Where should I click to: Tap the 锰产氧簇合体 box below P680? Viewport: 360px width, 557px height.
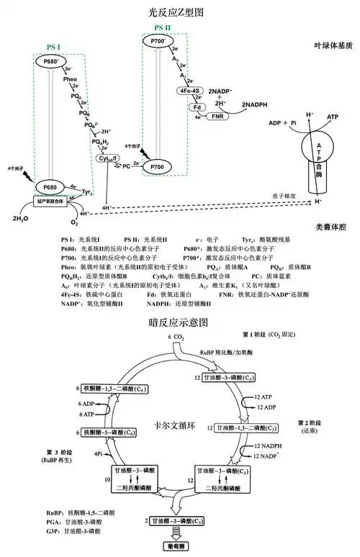click(x=50, y=201)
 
